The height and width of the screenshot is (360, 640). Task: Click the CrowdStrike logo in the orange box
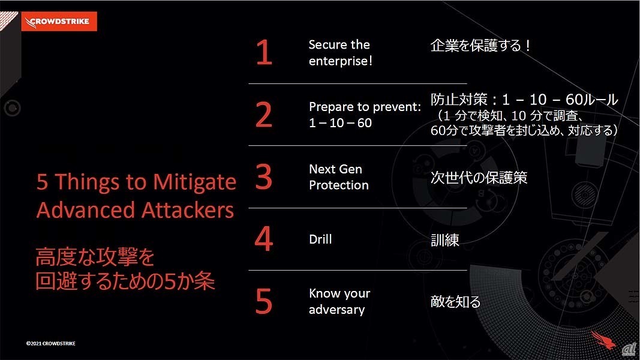pos(59,21)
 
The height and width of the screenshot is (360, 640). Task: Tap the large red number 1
pos(264,52)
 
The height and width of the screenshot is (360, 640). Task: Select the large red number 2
pos(264,115)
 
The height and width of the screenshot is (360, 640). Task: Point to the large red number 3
pos(264,177)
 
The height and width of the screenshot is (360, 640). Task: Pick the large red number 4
pos(264,239)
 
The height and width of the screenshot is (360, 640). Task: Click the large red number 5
pos(264,301)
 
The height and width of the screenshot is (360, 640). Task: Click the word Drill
pos(320,239)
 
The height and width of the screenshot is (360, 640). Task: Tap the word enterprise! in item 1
pos(341,61)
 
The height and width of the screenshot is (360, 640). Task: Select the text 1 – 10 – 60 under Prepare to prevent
pos(341,123)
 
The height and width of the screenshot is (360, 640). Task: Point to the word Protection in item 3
pos(339,185)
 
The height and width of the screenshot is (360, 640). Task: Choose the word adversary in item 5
pos(336,310)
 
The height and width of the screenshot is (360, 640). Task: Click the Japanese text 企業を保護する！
pos(481,46)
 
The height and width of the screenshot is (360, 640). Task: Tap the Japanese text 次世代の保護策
pos(479,178)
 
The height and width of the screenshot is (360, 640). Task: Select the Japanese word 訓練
pos(445,240)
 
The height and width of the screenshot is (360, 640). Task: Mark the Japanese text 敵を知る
pos(455,302)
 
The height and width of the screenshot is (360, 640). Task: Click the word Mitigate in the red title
pos(195,182)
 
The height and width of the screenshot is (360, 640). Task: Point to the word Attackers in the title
pos(188,211)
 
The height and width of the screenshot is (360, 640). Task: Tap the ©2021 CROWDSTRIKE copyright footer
pos(50,344)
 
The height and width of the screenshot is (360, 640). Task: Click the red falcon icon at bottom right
pos(603,340)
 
